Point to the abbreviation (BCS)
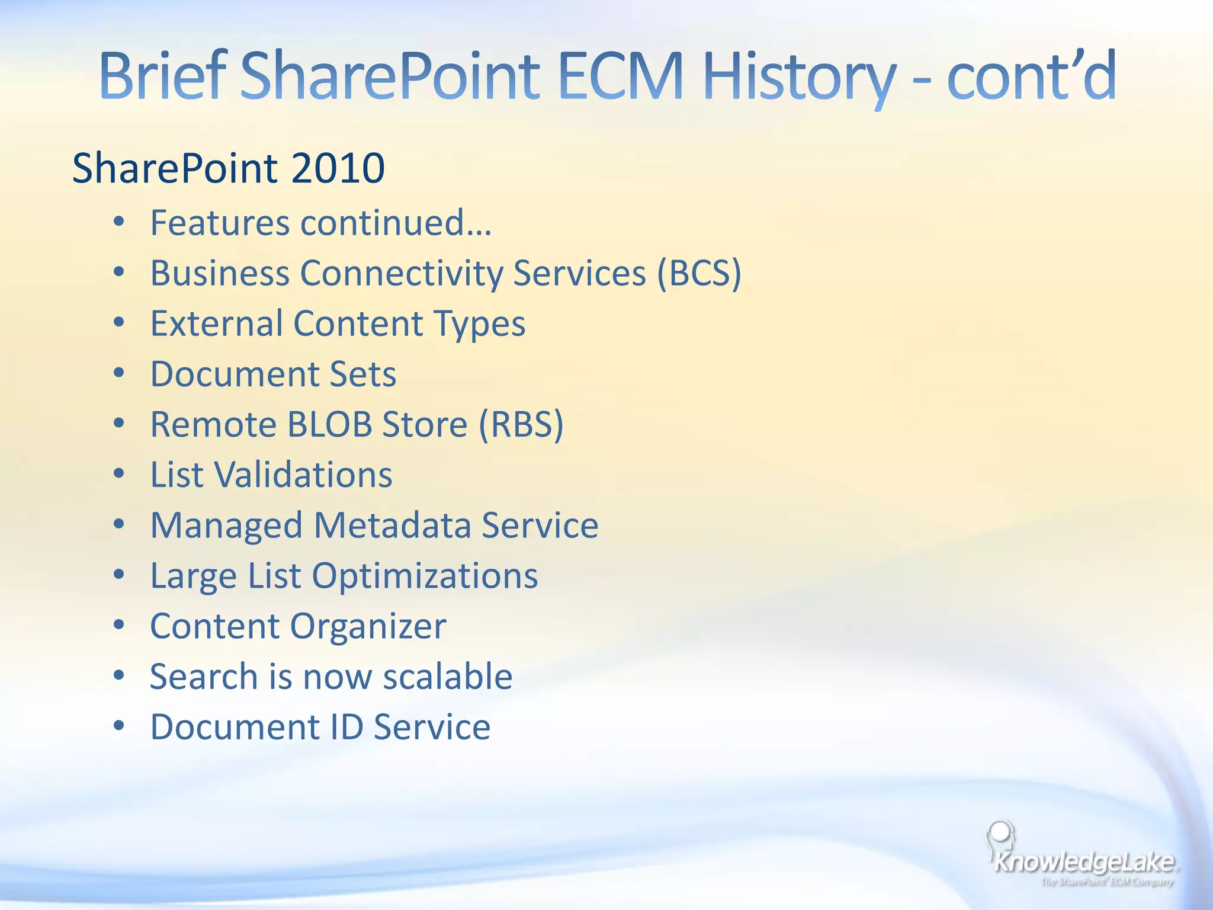click(x=699, y=273)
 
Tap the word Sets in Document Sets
click(x=362, y=374)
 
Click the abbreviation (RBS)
click(x=521, y=424)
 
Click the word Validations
click(x=303, y=475)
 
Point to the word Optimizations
click(x=425, y=575)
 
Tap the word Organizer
click(x=367, y=626)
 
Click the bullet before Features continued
click(x=119, y=222)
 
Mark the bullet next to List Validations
click(x=119, y=474)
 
